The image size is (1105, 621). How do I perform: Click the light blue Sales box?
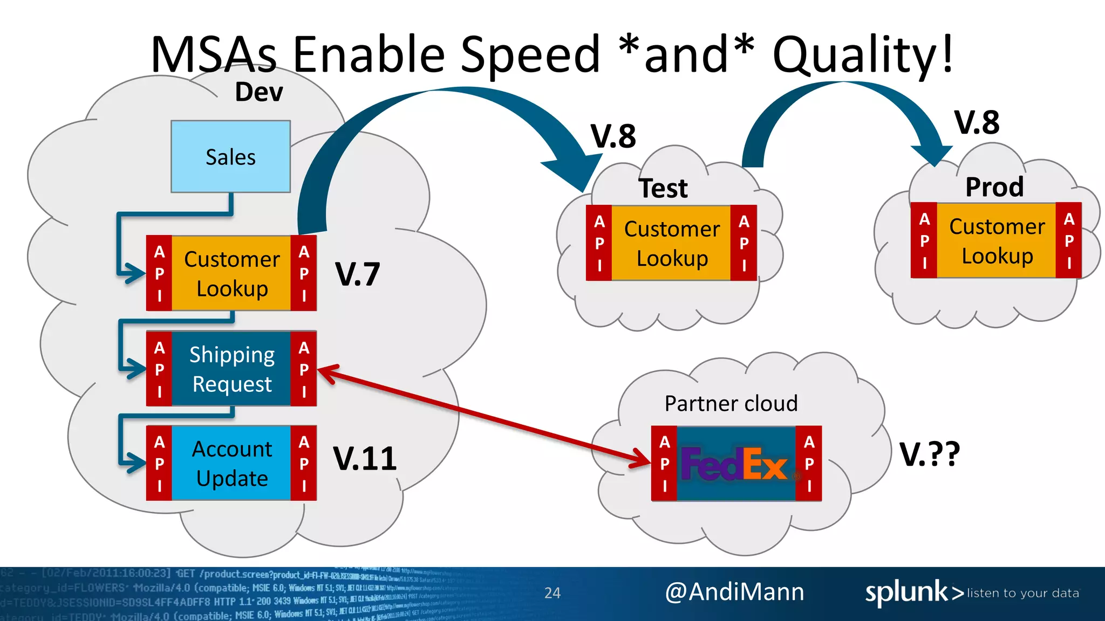click(x=230, y=156)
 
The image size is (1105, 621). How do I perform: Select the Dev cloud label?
click(x=259, y=92)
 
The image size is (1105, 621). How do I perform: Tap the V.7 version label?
click(x=357, y=274)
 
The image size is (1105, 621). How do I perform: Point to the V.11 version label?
click(x=365, y=458)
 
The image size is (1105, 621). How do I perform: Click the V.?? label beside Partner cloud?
click(x=930, y=454)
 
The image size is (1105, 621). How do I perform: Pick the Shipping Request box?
click(x=231, y=369)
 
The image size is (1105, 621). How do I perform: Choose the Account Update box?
click(x=231, y=463)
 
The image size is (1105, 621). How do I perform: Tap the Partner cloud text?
click(x=731, y=403)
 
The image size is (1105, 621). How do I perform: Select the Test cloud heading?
click(x=663, y=188)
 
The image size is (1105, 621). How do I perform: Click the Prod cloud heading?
click(x=994, y=187)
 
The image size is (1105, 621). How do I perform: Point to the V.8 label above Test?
click(x=613, y=136)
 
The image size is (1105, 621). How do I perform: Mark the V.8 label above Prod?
click(x=977, y=122)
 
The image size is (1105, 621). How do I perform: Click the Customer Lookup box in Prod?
click(x=997, y=241)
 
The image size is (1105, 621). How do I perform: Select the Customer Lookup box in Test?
click(x=672, y=243)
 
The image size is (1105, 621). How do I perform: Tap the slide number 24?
click(x=552, y=593)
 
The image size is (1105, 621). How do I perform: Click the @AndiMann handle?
click(x=734, y=592)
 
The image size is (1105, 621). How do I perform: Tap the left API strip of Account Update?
click(x=159, y=463)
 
